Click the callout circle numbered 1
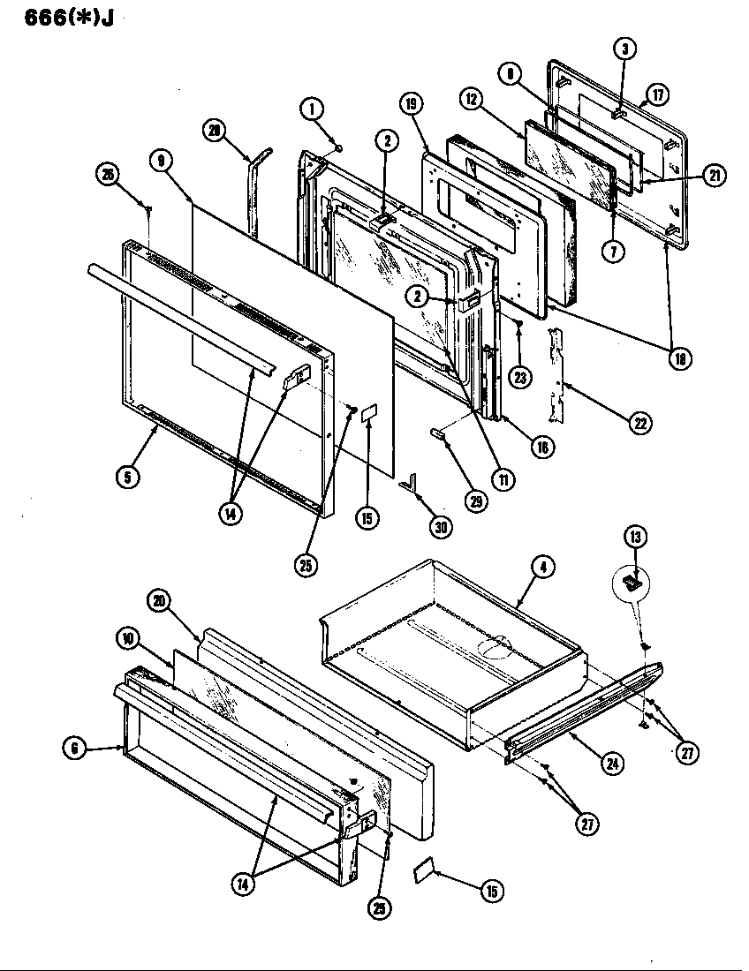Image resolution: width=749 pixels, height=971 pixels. [311, 109]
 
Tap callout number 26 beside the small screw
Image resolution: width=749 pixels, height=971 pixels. [107, 175]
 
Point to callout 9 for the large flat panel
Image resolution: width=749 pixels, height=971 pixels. [160, 161]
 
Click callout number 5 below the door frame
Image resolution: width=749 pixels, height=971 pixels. [128, 477]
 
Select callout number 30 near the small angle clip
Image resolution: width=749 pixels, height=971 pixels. [441, 527]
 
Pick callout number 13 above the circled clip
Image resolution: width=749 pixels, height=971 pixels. [635, 535]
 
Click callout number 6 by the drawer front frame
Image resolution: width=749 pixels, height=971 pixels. [74, 749]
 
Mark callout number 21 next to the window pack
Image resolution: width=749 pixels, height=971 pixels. [715, 176]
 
